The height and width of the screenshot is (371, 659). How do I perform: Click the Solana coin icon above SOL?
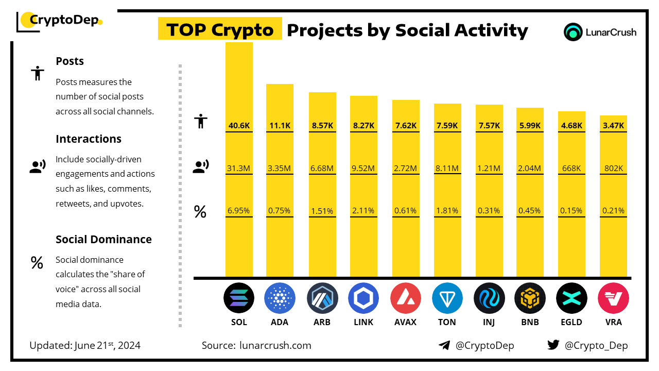239,298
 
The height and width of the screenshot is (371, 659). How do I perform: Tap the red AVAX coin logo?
405,298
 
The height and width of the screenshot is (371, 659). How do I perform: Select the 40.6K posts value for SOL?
239,125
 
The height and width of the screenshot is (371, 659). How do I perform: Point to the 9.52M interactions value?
363,168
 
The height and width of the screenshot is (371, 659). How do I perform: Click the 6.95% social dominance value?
239,210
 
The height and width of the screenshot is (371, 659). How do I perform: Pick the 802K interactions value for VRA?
614,168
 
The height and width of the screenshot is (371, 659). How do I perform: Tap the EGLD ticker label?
572,323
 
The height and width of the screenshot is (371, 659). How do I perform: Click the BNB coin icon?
530,298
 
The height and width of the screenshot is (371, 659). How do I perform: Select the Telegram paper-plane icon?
444,345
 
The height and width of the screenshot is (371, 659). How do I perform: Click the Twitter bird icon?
553,345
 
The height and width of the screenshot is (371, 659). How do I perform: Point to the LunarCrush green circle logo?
573,32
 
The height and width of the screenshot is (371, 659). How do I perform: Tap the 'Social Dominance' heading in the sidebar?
103,240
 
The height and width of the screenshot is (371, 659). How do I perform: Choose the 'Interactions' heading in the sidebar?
89,139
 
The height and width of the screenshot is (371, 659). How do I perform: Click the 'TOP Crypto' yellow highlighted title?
220,30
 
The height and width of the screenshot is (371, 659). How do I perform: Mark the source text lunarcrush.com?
275,345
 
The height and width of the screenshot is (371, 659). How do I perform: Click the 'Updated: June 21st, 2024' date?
85,345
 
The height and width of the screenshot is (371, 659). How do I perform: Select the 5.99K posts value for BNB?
530,125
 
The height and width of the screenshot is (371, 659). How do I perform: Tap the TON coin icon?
447,298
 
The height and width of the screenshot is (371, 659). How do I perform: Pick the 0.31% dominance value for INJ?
489,210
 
